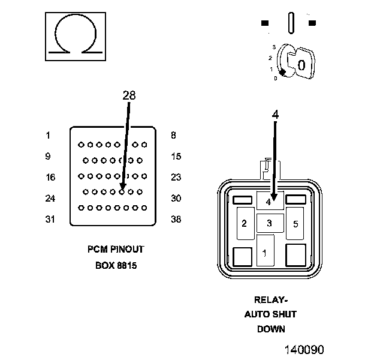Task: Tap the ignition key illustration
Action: click(x=295, y=62)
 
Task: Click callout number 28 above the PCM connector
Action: click(x=129, y=95)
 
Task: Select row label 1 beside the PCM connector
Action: click(x=48, y=136)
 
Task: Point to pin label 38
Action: click(x=176, y=219)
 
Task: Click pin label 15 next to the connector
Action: click(x=176, y=157)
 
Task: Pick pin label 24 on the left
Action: click(x=50, y=198)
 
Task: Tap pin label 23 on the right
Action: click(x=176, y=178)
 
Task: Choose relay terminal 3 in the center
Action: click(x=270, y=223)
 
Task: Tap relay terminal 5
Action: click(x=295, y=224)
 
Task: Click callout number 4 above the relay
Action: click(x=275, y=115)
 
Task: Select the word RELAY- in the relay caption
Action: click(x=271, y=300)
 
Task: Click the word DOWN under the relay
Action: click(x=271, y=329)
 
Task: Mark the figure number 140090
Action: click(x=304, y=350)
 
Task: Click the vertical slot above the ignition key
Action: click(x=291, y=23)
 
